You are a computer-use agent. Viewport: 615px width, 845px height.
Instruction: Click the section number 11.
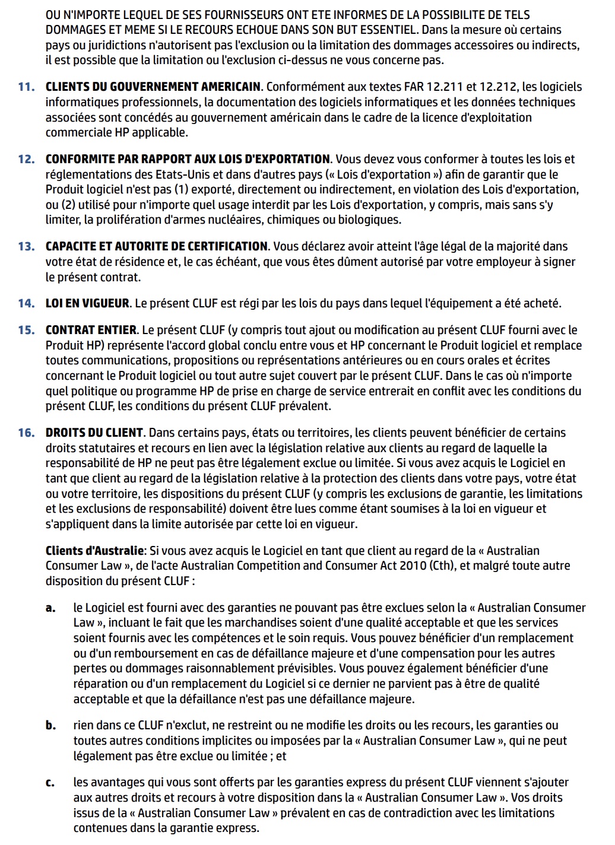[x=26, y=87]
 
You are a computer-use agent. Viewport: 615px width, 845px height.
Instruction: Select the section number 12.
[x=26, y=160]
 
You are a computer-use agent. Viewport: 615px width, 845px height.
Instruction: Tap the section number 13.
[x=26, y=247]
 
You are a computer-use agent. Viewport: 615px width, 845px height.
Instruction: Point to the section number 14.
[x=26, y=304]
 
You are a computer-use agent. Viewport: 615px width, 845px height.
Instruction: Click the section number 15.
[x=26, y=331]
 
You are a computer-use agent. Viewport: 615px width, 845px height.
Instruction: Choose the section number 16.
[x=26, y=433]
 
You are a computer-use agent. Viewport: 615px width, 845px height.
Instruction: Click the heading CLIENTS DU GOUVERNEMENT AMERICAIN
[x=153, y=87]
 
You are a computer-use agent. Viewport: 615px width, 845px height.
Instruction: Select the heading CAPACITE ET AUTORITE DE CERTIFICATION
[x=157, y=247]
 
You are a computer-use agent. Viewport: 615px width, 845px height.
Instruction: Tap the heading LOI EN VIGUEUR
[x=87, y=304]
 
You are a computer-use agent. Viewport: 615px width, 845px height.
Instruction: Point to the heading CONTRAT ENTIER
[x=91, y=331]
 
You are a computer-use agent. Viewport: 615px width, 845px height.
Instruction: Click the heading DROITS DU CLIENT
[x=94, y=433]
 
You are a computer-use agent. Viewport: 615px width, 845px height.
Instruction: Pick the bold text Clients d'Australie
[x=94, y=551]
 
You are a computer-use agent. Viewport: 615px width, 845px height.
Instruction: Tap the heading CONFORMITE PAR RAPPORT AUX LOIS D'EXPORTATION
[x=188, y=160]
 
